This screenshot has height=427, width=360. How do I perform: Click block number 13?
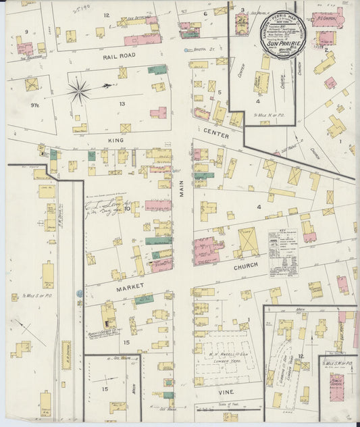[x=122, y=103]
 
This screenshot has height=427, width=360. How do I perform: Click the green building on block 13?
[x=157, y=69]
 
